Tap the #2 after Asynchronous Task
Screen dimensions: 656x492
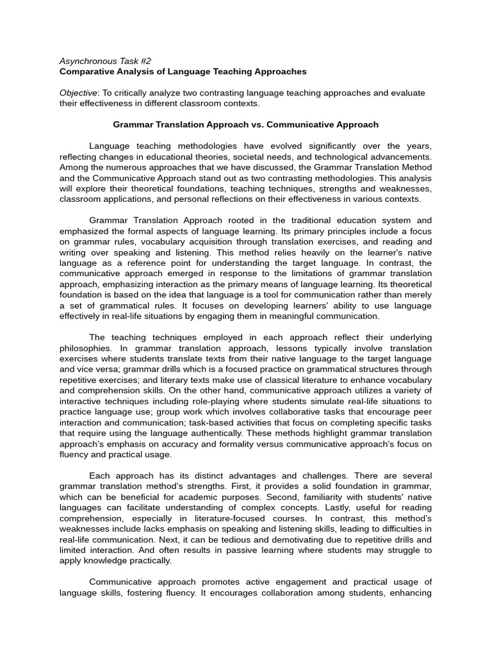[145, 60]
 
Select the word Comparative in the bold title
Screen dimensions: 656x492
[86, 71]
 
